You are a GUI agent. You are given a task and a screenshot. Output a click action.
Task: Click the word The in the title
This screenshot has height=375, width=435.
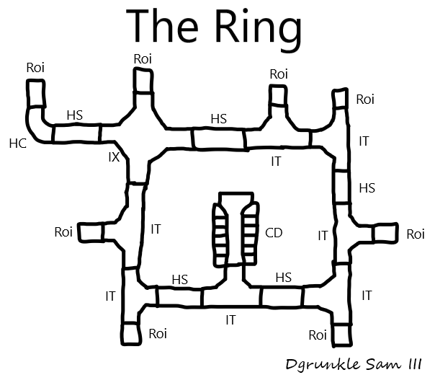pyautogui.click(x=164, y=27)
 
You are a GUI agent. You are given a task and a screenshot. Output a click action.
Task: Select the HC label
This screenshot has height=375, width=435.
pyautogui.click(x=17, y=144)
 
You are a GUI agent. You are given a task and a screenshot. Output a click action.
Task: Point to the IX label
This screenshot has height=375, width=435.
pyautogui.click(x=114, y=156)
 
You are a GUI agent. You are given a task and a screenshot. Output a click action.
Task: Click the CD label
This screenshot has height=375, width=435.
pyautogui.click(x=274, y=233)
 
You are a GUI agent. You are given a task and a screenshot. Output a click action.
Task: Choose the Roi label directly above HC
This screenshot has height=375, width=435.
pyautogui.click(x=35, y=68)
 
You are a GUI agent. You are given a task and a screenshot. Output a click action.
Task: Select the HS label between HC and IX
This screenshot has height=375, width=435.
pyautogui.click(x=74, y=115)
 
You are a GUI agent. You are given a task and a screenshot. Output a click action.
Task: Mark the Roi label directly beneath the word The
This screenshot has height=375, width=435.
pyautogui.click(x=143, y=58)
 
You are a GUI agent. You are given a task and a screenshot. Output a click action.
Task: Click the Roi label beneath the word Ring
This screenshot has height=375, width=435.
pyautogui.click(x=278, y=74)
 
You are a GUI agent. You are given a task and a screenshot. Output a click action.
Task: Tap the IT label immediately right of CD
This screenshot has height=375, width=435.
pyautogui.click(x=323, y=235)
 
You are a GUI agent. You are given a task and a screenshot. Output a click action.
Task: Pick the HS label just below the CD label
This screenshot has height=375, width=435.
pyautogui.click(x=284, y=277)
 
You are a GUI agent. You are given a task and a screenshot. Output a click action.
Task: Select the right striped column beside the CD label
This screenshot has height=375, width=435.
pyautogui.click(x=248, y=233)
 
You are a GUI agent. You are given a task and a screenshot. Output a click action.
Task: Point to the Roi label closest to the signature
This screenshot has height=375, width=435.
pyautogui.click(x=318, y=335)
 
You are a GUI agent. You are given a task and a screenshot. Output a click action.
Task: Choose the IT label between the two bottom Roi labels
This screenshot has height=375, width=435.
pyautogui.click(x=230, y=319)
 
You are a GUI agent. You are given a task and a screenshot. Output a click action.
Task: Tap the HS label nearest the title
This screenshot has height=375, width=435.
pyautogui.click(x=219, y=118)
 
